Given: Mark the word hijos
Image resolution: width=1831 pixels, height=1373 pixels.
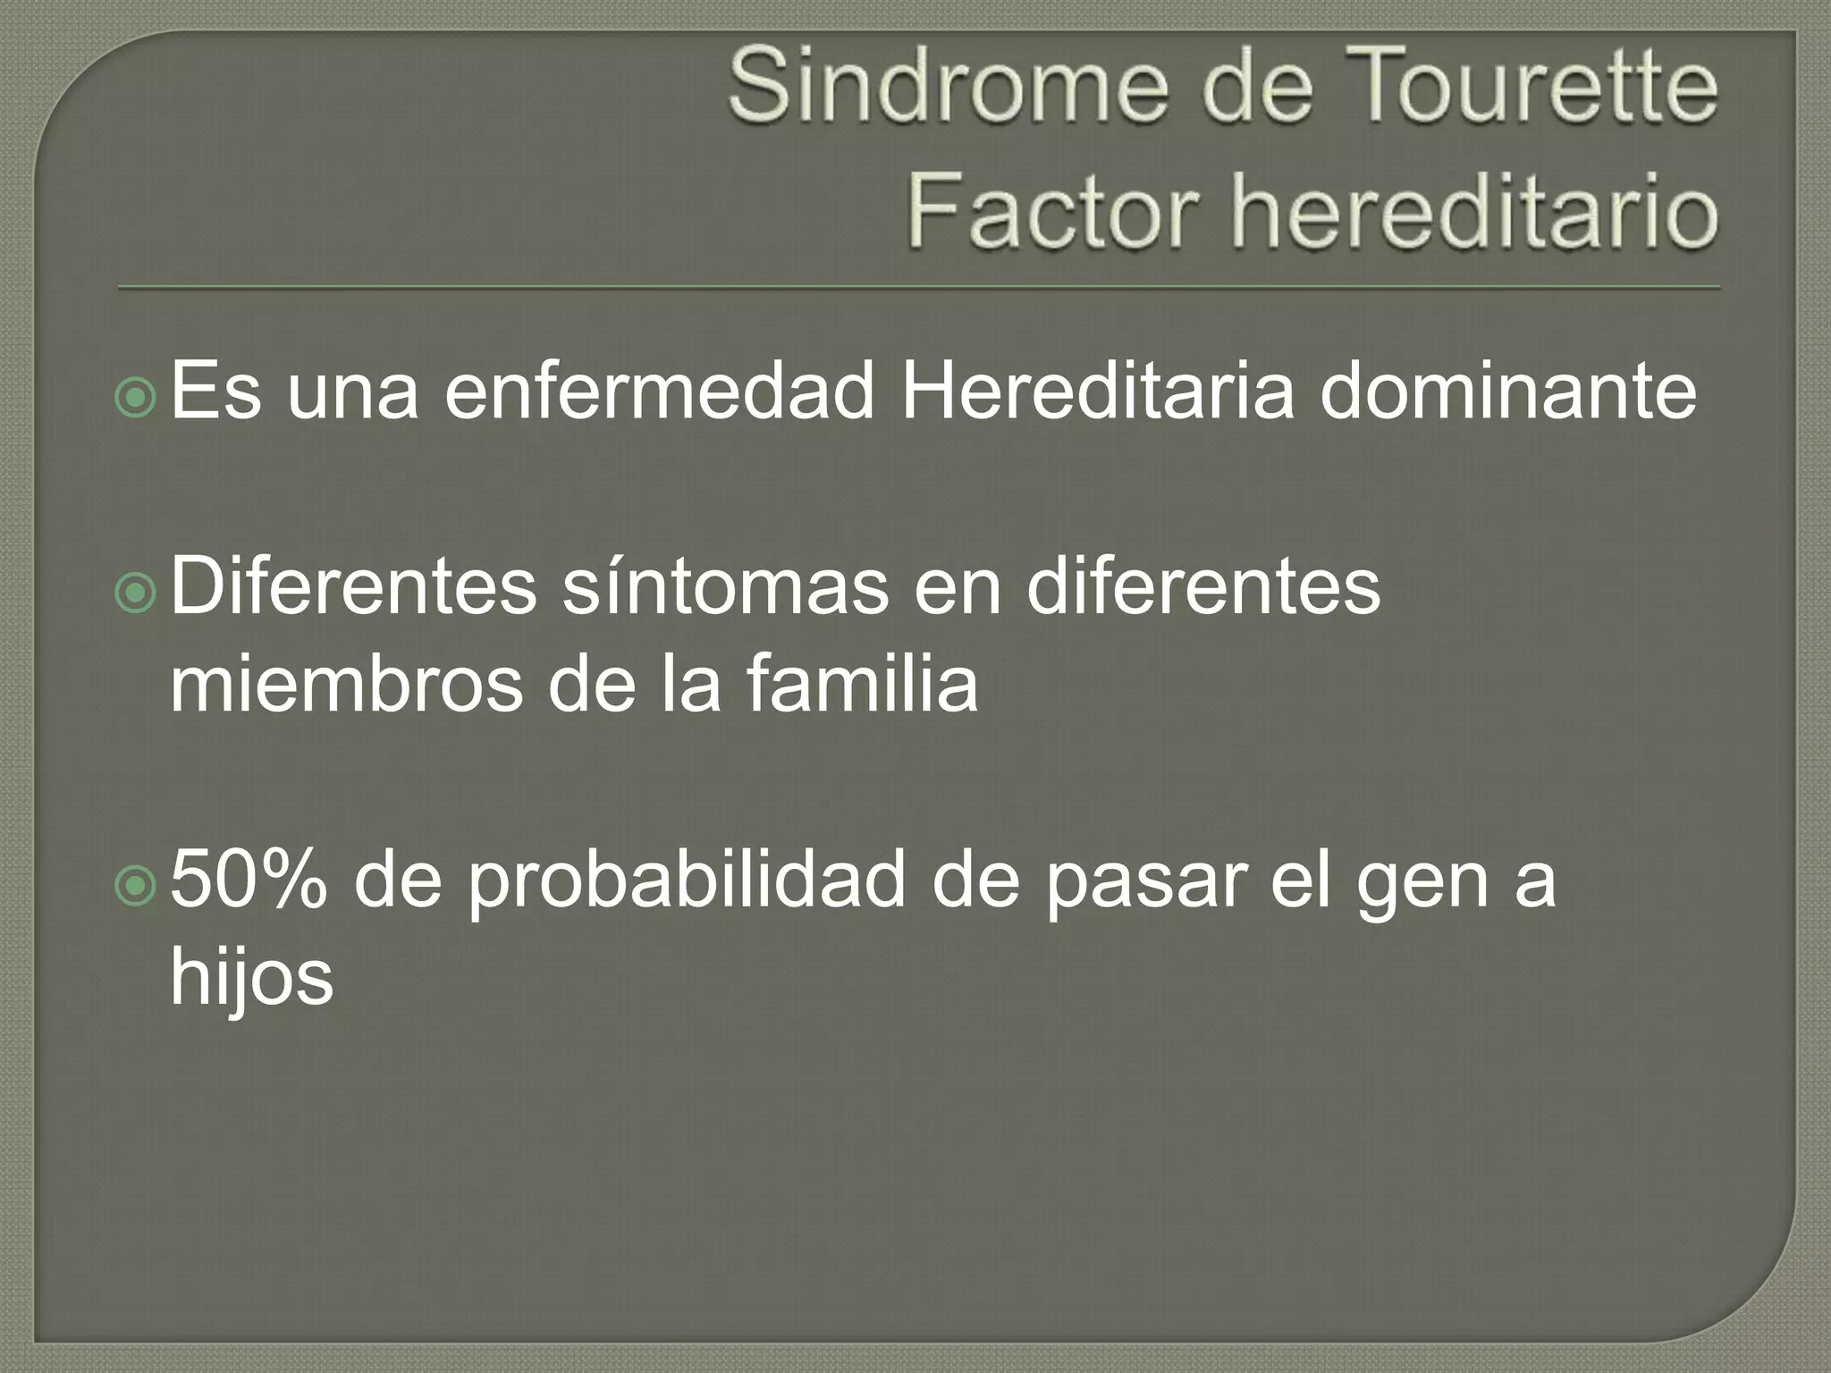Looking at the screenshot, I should point(251,979).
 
